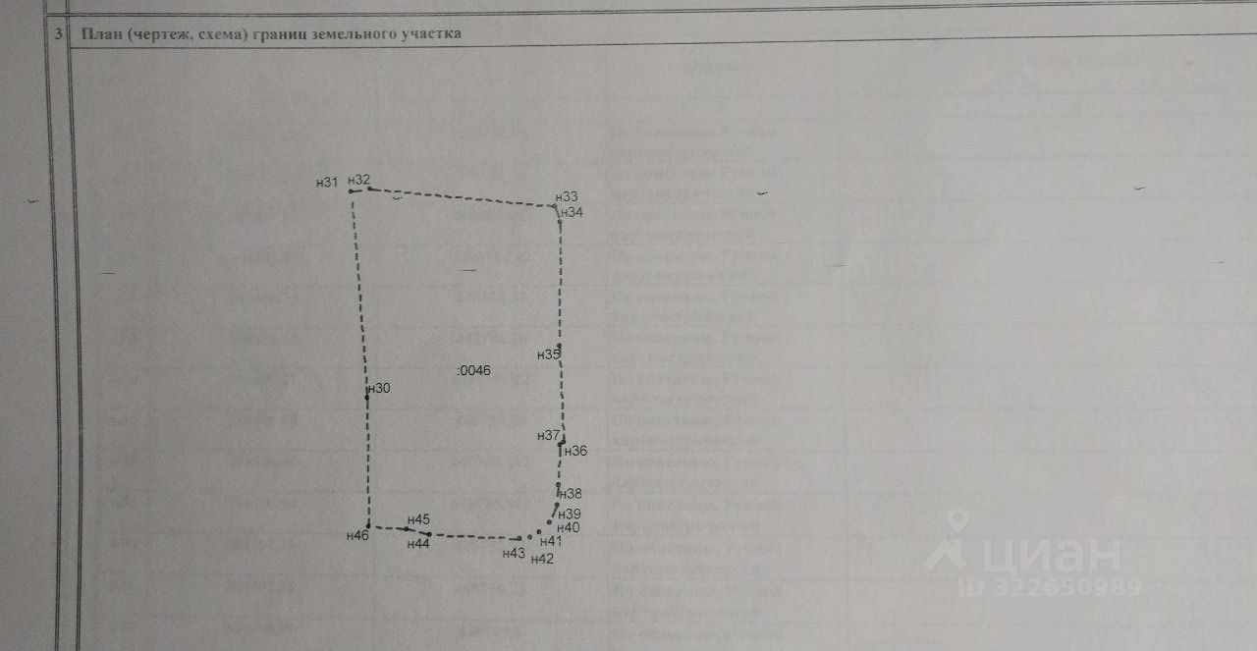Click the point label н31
click(x=327, y=182)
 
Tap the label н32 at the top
click(x=359, y=180)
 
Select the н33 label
click(x=567, y=197)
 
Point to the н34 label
click(x=572, y=212)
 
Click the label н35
click(x=548, y=354)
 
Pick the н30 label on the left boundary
click(x=379, y=389)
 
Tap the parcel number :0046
click(x=474, y=370)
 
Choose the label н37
click(x=548, y=435)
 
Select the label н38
click(x=570, y=494)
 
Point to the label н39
click(x=570, y=514)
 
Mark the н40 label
click(x=568, y=527)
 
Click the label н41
click(x=551, y=541)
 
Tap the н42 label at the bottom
click(x=542, y=559)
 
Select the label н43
click(x=514, y=554)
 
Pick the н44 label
click(x=419, y=544)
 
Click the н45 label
click(x=419, y=519)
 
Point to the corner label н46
click(x=357, y=535)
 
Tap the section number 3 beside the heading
click(x=59, y=33)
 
